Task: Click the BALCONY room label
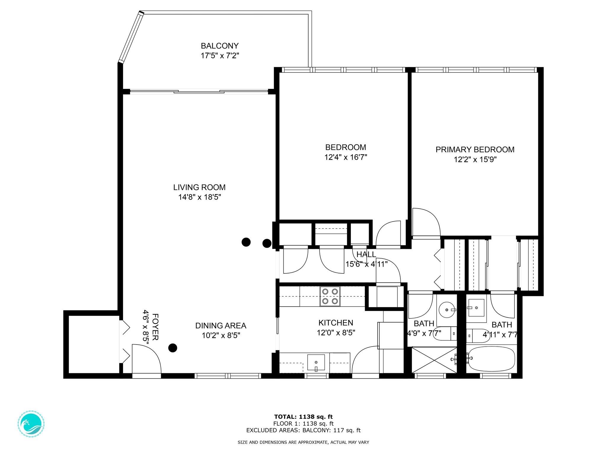220,46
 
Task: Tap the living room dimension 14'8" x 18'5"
199,197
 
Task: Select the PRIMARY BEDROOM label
475,150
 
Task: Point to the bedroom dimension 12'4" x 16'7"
346,157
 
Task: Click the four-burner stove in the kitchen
330,296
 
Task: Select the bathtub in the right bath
491,359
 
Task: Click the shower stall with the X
434,360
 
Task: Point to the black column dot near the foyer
173,348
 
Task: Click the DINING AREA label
221,326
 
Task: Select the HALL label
366,254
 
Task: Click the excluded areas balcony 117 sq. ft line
303,430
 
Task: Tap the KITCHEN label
336,323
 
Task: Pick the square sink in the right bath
475,308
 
